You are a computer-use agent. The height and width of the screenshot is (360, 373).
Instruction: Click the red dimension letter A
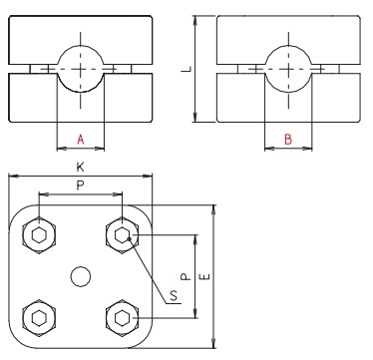[x=81, y=140]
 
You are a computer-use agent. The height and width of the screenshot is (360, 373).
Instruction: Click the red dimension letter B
[x=287, y=140]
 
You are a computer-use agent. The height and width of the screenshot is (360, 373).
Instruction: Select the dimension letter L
[x=186, y=69]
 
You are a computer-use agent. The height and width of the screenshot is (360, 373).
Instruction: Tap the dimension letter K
[x=81, y=168]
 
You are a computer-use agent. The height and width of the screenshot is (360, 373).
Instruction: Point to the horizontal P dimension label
[x=80, y=185]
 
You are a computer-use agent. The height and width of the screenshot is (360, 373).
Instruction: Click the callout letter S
[x=175, y=296]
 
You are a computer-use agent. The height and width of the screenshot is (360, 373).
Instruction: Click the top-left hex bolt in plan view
[x=39, y=235]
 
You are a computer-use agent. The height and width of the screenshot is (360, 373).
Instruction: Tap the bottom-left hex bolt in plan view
[x=39, y=318]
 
